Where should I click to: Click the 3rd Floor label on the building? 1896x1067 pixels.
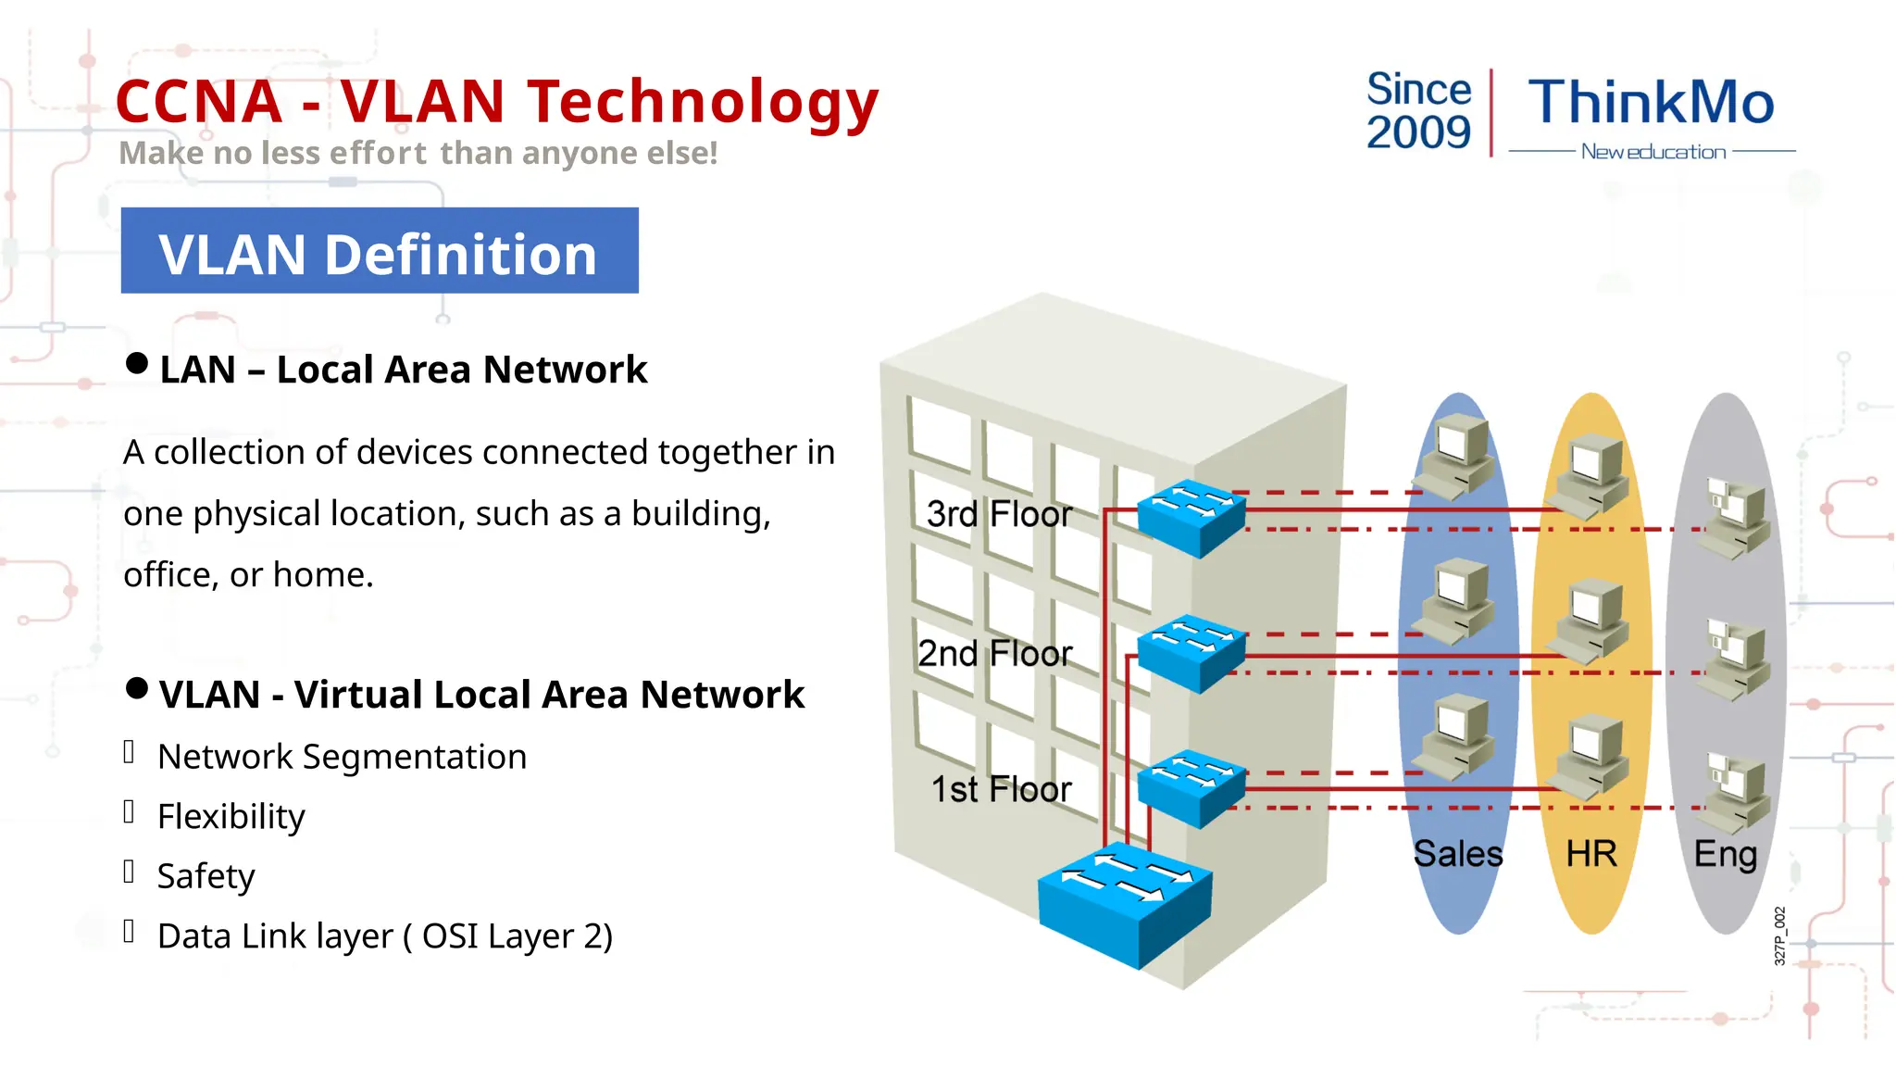pyautogui.click(x=999, y=514)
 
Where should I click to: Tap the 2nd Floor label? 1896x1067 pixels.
pyautogui.click(x=994, y=654)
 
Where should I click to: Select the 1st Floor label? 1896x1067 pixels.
pyautogui.click(x=1001, y=790)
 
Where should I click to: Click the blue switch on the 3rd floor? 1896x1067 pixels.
pyautogui.click(x=1191, y=517)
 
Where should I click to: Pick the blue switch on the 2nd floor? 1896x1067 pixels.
pyautogui.click(x=1191, y=652)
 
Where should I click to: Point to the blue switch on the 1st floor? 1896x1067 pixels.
pyautogui.click(x=1191, y=787)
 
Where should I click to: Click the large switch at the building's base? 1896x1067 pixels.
pyautogui.click(x=1125, y=902)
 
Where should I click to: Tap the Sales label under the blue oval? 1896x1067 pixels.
pyautogui.click(x=1458, y=854)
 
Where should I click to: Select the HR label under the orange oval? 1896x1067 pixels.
pyautogui.click(x=1591, y=854)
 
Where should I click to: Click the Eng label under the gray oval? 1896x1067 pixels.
pyautogui.click(x=1725, y=854)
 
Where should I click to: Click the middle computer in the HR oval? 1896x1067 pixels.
pyautogui.click(x=1590, y=619)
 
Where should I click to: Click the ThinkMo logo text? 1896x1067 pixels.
pyautogui.click(x=1651, y=102)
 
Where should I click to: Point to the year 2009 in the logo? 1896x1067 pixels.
pyautogui.click(x=1418, y=132)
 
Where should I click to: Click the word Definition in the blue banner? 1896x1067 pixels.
pyautogui.click(x=460, y=255)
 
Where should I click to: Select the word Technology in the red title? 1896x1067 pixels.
pyautogui.click(x=703, y=102)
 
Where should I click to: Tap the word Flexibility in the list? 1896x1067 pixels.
pyautogui.click(x=231, y=817)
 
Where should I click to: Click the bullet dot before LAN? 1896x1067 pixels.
pyautogui.click(x=137, y=363)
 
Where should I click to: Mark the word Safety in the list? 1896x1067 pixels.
pyautogui.click(x=206, y=876)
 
